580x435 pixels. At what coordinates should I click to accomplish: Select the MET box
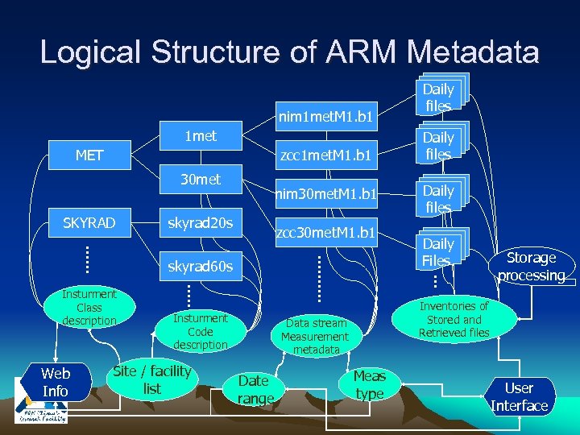89,155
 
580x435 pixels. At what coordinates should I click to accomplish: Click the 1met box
201,136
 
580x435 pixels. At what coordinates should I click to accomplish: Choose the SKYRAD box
89,222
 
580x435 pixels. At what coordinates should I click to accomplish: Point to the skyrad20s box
201,222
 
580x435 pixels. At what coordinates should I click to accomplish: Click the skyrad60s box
201,266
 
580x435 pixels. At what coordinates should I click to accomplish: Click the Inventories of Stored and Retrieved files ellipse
454,319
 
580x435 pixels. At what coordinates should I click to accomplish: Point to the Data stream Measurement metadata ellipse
316,337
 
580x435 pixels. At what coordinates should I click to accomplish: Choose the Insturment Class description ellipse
89,308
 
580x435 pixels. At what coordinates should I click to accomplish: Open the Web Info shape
56,383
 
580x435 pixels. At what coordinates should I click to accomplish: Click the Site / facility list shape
152,379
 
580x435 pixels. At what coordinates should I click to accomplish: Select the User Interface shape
519,397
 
